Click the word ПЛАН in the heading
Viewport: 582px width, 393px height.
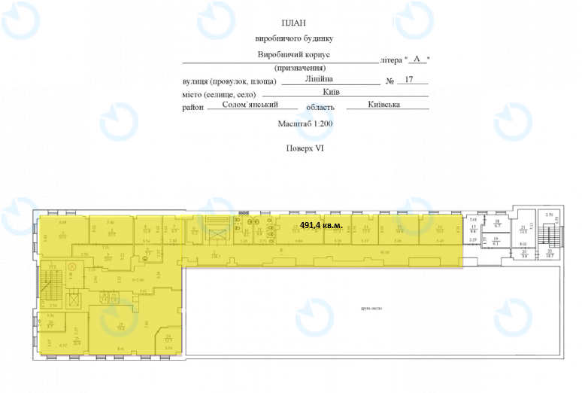294,24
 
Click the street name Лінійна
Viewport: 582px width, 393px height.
320,78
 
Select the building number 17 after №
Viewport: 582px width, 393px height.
409,79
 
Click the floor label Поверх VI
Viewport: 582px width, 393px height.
305,148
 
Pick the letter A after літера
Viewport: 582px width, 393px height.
417,59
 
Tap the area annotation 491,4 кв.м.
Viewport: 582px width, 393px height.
321,225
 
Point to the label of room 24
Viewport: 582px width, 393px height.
169,340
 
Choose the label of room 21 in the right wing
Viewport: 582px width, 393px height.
523,230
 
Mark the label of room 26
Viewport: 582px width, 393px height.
50,326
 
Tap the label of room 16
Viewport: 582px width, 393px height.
440,230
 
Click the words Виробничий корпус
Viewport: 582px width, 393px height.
293,56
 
